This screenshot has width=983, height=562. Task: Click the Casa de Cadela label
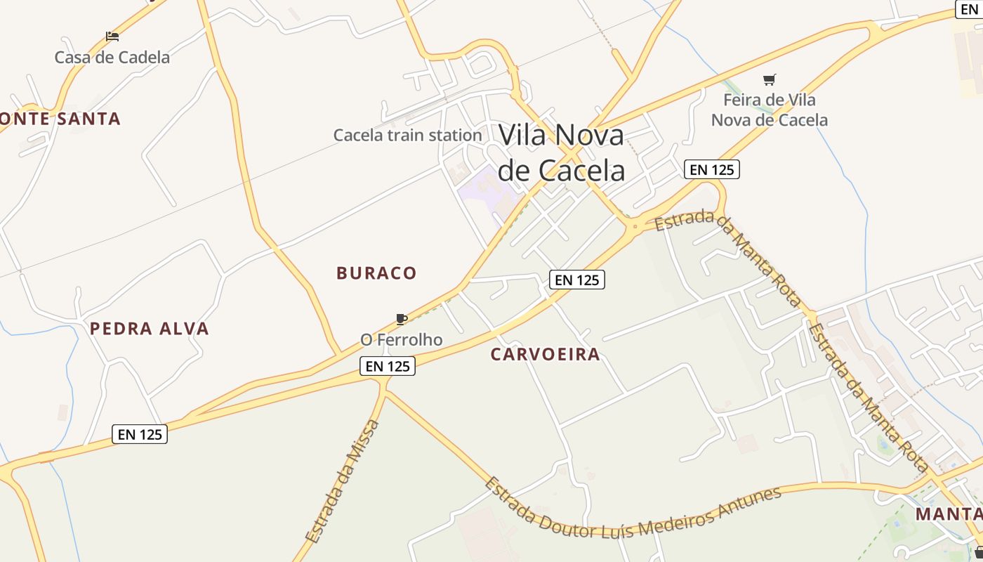(x=112, y=57)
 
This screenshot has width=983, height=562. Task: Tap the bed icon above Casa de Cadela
(x=112, y=37)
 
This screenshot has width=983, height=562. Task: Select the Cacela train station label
(x=407, y=135)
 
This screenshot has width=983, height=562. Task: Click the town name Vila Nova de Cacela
(x=561, y=152)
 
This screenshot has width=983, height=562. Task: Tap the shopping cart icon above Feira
(x=770, y=80)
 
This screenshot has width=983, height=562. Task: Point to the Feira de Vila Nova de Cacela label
(x=770, y=110)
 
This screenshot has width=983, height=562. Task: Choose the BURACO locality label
(x=376, y=273)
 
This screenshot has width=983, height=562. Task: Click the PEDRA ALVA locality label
(x=150, y=329)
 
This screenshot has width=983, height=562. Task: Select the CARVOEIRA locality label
(x=546, y=354)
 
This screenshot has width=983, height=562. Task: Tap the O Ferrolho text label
(x=402, y=340)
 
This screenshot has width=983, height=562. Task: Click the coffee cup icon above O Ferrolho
(x=401, y=320)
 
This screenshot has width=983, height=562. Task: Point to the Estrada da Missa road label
(x=343, y=481)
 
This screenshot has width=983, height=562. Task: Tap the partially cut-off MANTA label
(x=948, y=514)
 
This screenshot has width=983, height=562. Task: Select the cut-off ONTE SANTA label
(x=60, y=119)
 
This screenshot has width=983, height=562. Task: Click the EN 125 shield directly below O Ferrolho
(x=388, y=366)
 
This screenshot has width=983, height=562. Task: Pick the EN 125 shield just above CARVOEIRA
(x=576, y=280)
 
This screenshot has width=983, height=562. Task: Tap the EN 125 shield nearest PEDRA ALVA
(x=140, y=435)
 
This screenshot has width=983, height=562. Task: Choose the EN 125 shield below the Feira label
(x=712, y=169)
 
